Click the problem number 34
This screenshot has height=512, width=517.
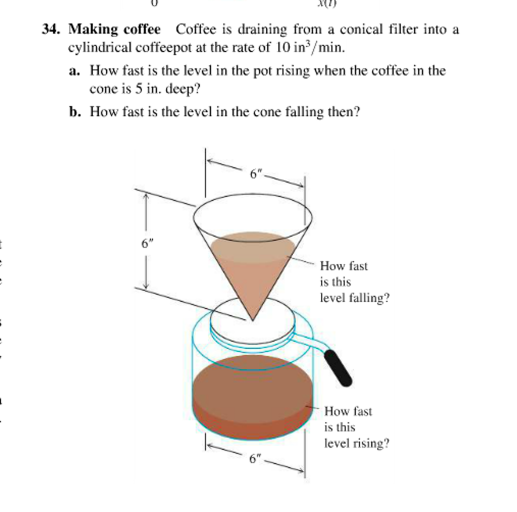[52, 30]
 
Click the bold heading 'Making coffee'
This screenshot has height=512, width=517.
[114, 30]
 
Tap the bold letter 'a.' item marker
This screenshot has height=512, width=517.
[75, 71]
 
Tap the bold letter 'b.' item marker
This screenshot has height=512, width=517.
[75, 112]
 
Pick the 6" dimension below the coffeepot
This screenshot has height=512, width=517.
[255, 458]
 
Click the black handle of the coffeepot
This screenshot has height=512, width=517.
[338, 368]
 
